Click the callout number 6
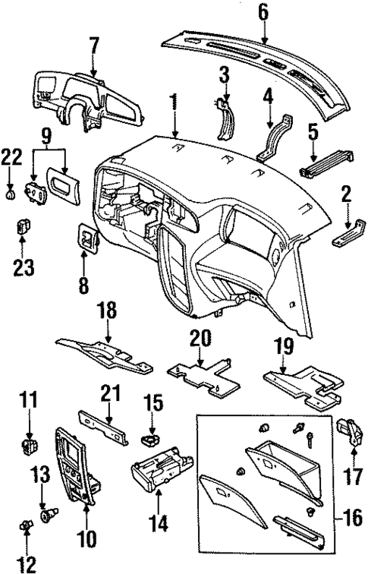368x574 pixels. click(263, 13)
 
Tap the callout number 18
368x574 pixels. click(108, 312)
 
